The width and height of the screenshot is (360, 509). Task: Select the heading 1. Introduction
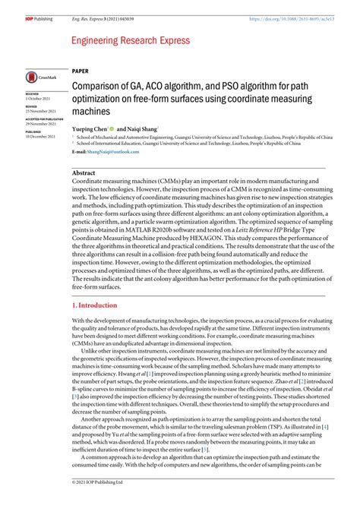click(95, 283)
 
